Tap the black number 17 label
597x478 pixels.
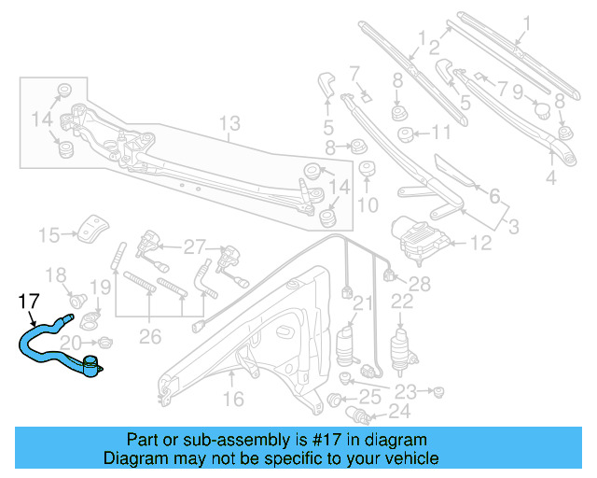tap(30, 302)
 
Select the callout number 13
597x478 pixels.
tap(229, 123)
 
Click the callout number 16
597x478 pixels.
tap(232, 400)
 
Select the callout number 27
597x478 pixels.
tap(193, 247)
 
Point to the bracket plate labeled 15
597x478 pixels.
tap(93, 228)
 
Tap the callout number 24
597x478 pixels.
tap(399, 410)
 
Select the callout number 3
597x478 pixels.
tap(512, 227)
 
